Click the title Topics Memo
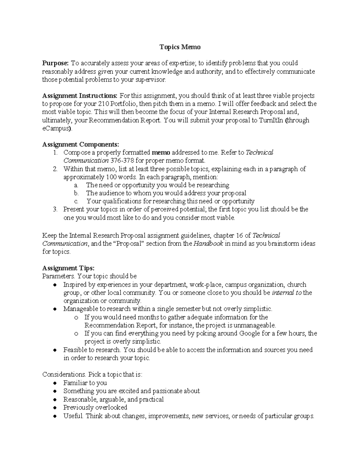coord(180,47)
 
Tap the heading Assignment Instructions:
coord(80,96)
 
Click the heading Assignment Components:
coord(81,145)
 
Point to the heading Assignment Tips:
coord(68,268)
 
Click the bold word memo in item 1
coord(161,152)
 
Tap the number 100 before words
coord(112,177)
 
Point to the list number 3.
coord(55,209)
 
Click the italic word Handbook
coord(208,244)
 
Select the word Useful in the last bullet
coord(73,416)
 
